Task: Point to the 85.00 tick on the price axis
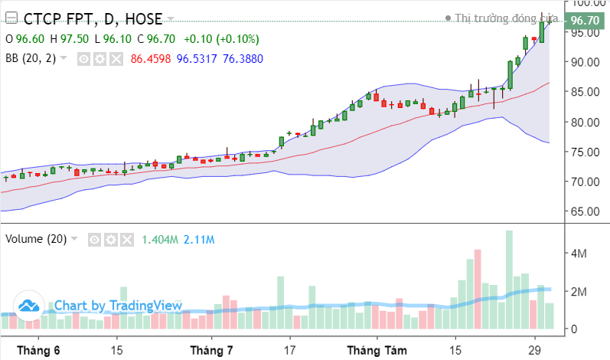pos(585,92)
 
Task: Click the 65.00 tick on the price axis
pos(585,211)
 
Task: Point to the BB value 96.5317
pos(197,58)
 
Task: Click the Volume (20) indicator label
pos(36,239)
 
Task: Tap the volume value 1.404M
pos(159,239)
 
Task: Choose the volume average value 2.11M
pos(200,239)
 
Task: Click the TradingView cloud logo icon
pos(29,306)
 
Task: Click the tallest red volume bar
pos(478,288)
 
